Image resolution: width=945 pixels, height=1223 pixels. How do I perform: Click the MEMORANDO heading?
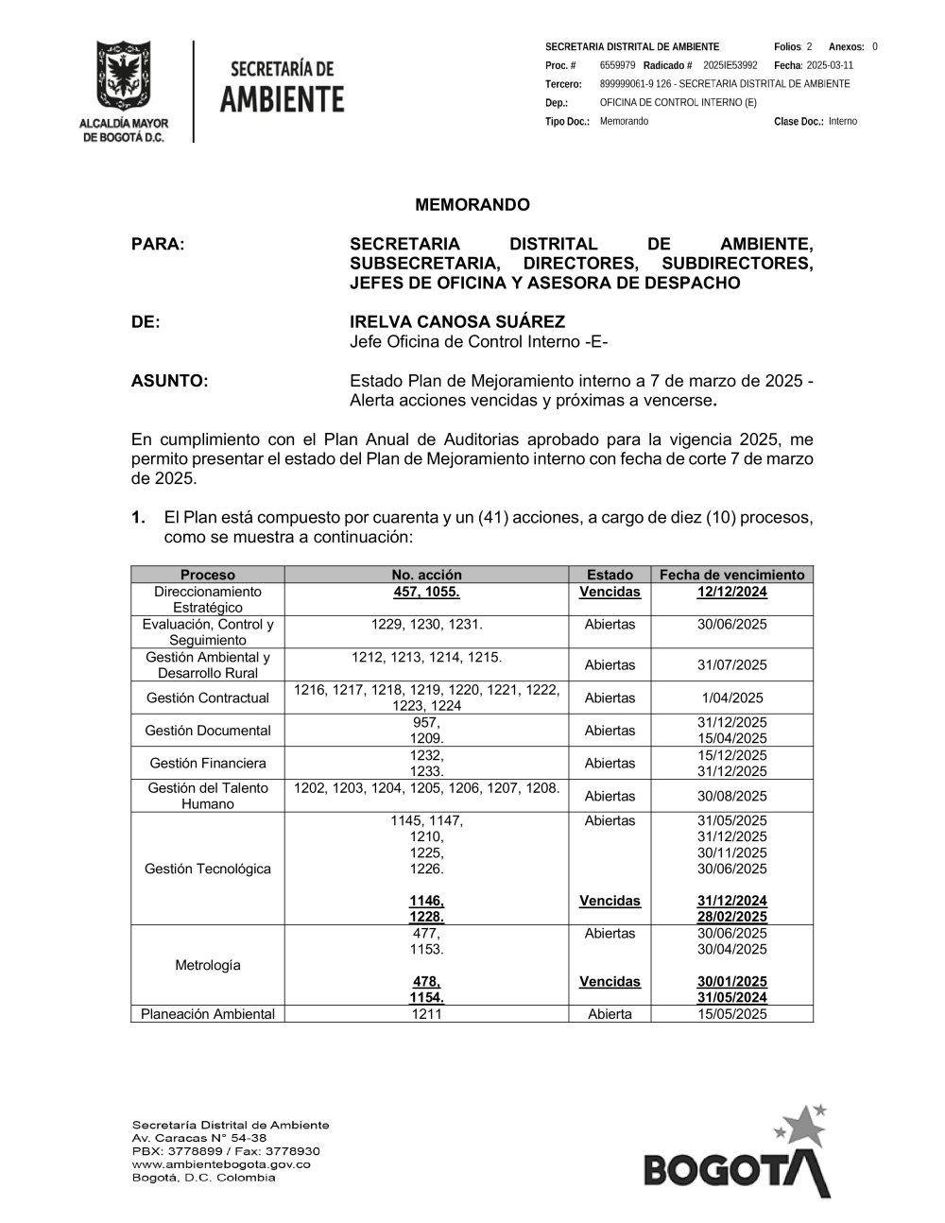[x=472, y=205]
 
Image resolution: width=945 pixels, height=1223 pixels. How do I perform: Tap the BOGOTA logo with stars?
[x=738, y=1154]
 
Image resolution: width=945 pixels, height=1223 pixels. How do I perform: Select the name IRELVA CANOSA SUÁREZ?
[x=457, y=322]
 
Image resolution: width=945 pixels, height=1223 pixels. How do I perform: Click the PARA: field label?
[x=158, y=244]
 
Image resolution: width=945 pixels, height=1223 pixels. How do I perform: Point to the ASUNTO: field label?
[x=169, y=381]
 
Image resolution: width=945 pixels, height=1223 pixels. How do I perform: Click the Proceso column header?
[x=208, y=575]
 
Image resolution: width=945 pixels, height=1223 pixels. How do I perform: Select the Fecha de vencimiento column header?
[x=732, y=575]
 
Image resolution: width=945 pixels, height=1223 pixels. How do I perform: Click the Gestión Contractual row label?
[x=208, y=698]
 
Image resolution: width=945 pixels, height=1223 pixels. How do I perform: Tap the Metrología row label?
[x=208, y=965]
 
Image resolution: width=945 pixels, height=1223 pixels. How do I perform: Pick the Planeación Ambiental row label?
[x=208, y=1014]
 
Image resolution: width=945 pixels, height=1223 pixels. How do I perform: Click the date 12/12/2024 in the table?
[x=732, y=592]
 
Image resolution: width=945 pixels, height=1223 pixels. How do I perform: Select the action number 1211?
[x=426, y=1014]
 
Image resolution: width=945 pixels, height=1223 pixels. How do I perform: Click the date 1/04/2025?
[x=732, y=698]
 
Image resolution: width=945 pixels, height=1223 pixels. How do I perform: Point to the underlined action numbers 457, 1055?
[x=426, y=592]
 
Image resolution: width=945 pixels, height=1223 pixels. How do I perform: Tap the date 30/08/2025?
[x=732, y=796]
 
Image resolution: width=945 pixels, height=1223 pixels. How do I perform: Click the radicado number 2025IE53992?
[x=730, y=65]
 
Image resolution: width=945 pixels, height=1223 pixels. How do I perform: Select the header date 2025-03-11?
[x=830, y=65]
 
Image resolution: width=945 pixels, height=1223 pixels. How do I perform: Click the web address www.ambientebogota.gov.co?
[x=221, y=1164]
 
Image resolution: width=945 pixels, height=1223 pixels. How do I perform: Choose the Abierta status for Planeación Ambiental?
[x=610, y=1014]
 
